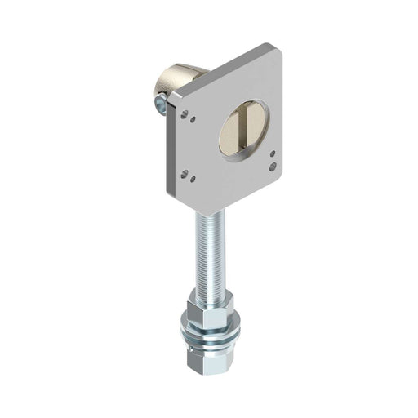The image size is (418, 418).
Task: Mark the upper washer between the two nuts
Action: (x=211, y=330)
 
